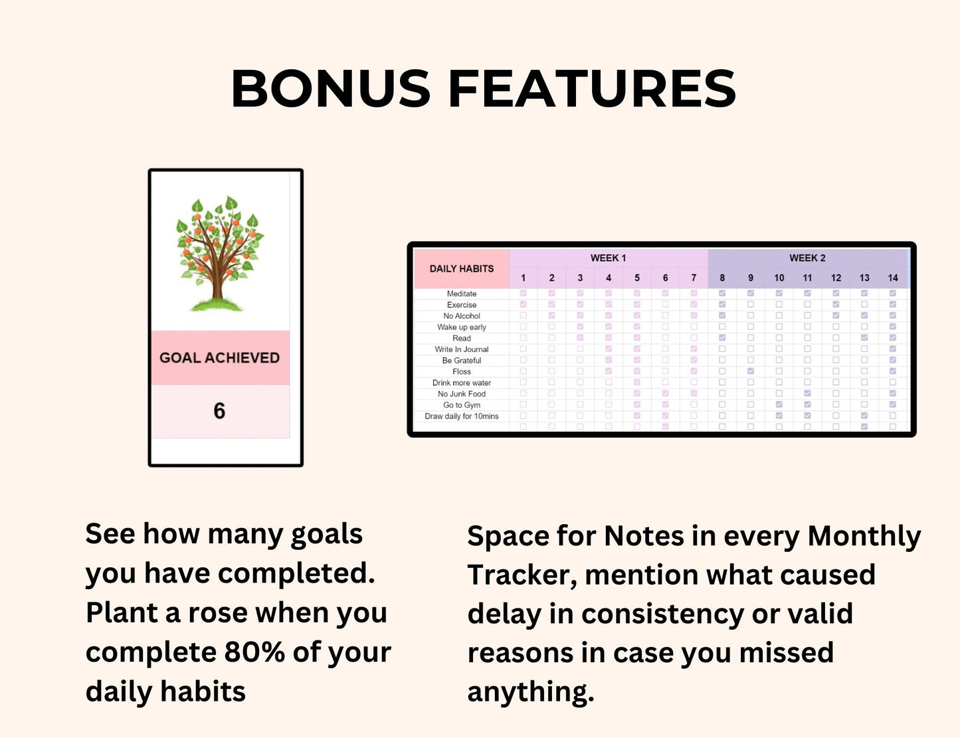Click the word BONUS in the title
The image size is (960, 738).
330,89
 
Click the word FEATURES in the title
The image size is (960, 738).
592,89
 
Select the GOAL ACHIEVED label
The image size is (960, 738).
220,357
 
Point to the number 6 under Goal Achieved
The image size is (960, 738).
219,411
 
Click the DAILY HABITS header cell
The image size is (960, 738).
462,268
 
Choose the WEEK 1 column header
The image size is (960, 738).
608,258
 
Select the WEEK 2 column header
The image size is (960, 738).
807,258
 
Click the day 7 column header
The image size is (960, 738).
694,278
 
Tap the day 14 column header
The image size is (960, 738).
892,278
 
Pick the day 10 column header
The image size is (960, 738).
779,278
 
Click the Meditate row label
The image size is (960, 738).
462,294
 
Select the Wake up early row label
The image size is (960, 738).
462,327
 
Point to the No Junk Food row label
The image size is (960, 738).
462,394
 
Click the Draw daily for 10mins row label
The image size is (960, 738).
462,416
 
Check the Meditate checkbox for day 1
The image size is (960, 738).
524,293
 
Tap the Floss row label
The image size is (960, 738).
462,371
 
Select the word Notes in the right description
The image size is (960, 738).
644,536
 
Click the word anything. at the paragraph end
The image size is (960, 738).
531,692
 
